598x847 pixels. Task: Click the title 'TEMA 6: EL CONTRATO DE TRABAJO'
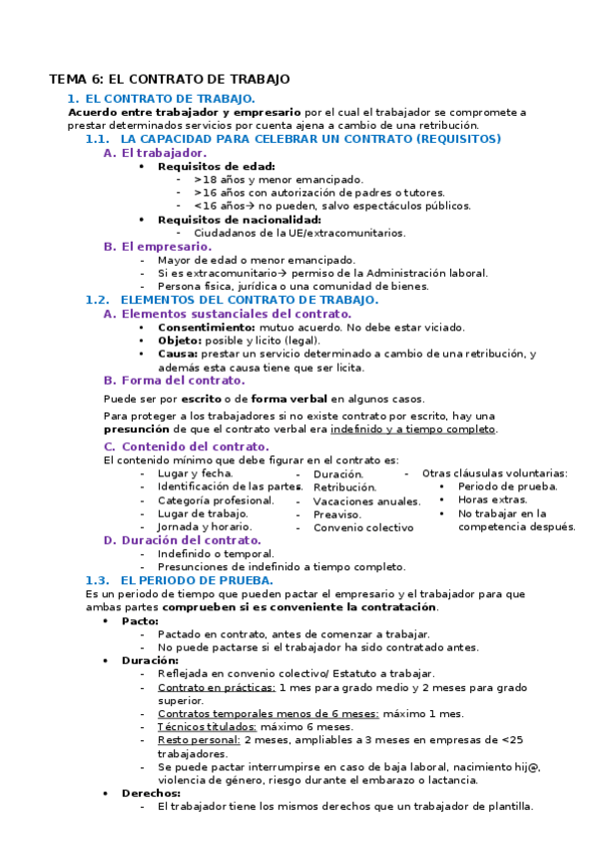(170, 78)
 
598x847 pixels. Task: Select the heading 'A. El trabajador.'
(155, 153)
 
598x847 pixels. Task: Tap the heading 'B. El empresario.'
(157, 246)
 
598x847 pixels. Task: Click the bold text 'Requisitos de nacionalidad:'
(240, 219)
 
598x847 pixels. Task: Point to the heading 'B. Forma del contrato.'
(174, 380)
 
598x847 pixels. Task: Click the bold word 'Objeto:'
(180, 340)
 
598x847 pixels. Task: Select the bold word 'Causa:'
(178, 354)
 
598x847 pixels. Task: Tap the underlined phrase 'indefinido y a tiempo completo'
(413, 428)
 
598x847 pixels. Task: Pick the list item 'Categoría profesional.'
(216, 499)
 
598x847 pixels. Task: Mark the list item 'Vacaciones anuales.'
(366, 500)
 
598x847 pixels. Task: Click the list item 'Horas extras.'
(492, 499)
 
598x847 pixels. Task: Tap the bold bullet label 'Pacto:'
(140, 620)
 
